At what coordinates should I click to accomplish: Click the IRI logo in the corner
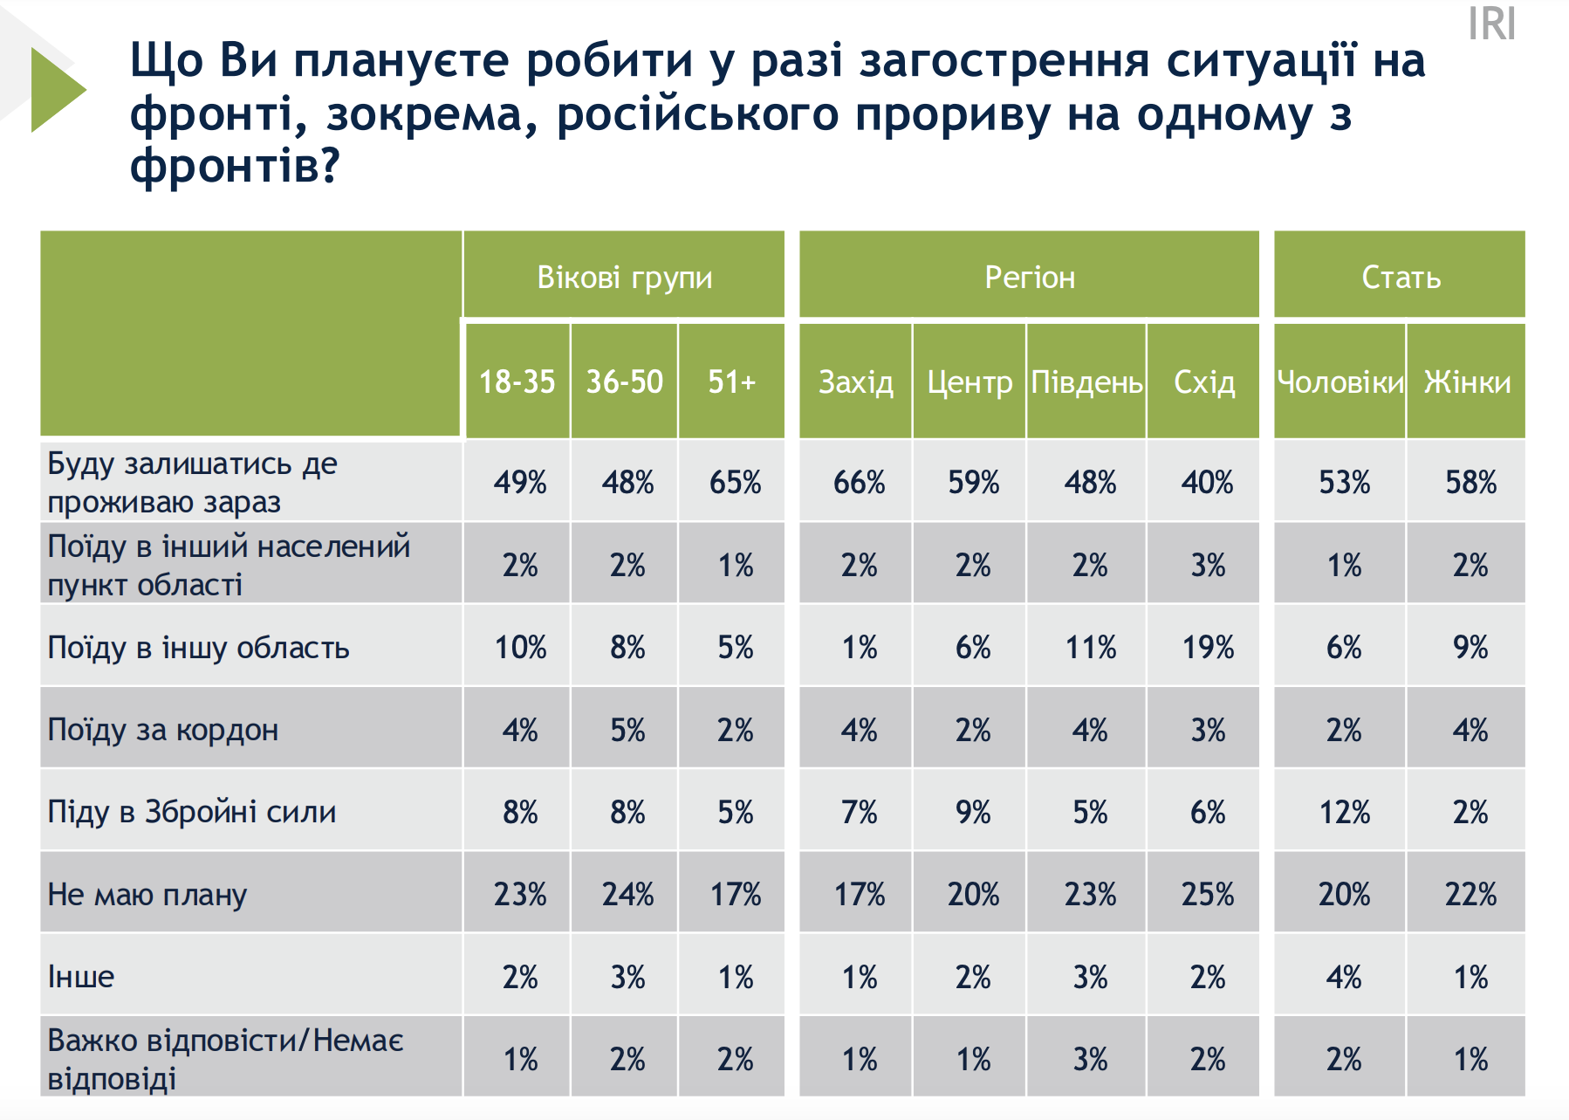point(1491,24)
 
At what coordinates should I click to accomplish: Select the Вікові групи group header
point(624,277)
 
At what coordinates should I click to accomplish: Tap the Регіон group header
point(1030,277)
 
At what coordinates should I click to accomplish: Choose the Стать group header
point(1401,277)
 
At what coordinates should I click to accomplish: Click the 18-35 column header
point(517,381)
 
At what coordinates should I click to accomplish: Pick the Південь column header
point(1086,381)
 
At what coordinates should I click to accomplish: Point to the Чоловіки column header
point(1340,381)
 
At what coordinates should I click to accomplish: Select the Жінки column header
point(1467,381)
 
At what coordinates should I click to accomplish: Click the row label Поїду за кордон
point(163,729)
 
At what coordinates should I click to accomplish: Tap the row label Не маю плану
point(147,894)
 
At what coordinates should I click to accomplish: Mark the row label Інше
point(81,976)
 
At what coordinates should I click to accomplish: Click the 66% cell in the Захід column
point(859,482)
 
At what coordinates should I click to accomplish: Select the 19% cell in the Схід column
point(1208,647)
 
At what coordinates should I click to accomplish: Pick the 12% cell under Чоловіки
point(1344,812)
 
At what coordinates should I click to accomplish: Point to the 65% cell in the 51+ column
point(735,482)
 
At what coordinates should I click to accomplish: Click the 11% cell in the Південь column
point(1090,647)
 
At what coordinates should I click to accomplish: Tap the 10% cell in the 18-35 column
point(520,647)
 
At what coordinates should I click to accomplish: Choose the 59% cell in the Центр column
point(973,482)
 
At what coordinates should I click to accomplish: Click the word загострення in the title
point(1003,61)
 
